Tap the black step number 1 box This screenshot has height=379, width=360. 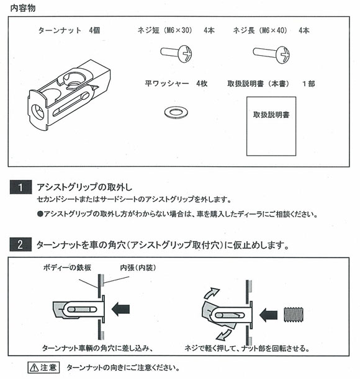click(20, 187)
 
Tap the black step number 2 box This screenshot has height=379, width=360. click(20, 245)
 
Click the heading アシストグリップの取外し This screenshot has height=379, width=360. click(85, 187)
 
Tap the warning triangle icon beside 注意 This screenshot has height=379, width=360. click(32, 368)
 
